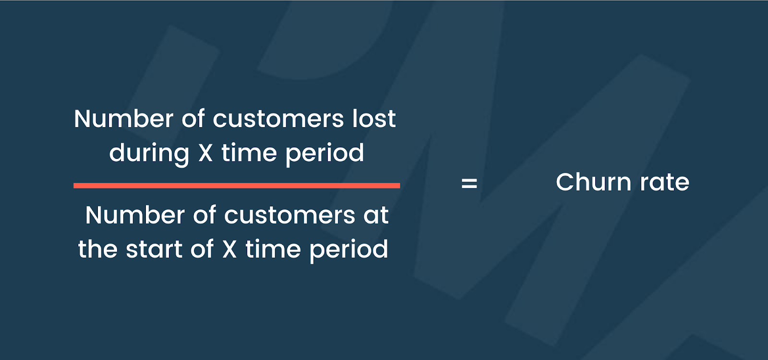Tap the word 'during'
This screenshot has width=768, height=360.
(x=149, y=153)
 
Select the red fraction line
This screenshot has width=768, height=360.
(x=237, y=185)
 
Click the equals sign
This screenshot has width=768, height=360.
(x=469, y=183)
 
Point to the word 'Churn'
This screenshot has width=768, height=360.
(x=593, y=182)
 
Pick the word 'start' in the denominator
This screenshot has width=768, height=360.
(x=154, y=249)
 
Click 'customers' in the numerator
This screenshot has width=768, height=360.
(x=278, y=120)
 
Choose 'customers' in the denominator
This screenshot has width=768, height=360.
(x=289, y=216)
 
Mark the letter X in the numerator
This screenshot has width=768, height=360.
(x=205, y=153)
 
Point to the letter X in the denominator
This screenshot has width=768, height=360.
(x=229, y=249)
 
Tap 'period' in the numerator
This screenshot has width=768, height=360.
(x=324, y=153)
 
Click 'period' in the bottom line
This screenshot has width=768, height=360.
(x=349, y=250)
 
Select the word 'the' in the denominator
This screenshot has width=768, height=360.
(x=98, y=249)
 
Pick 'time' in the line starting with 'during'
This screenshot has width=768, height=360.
(x=249, y=153)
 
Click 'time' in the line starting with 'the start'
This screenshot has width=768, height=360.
(x=273, y=249)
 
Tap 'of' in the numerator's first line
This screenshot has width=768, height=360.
(x=193, y=119)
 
